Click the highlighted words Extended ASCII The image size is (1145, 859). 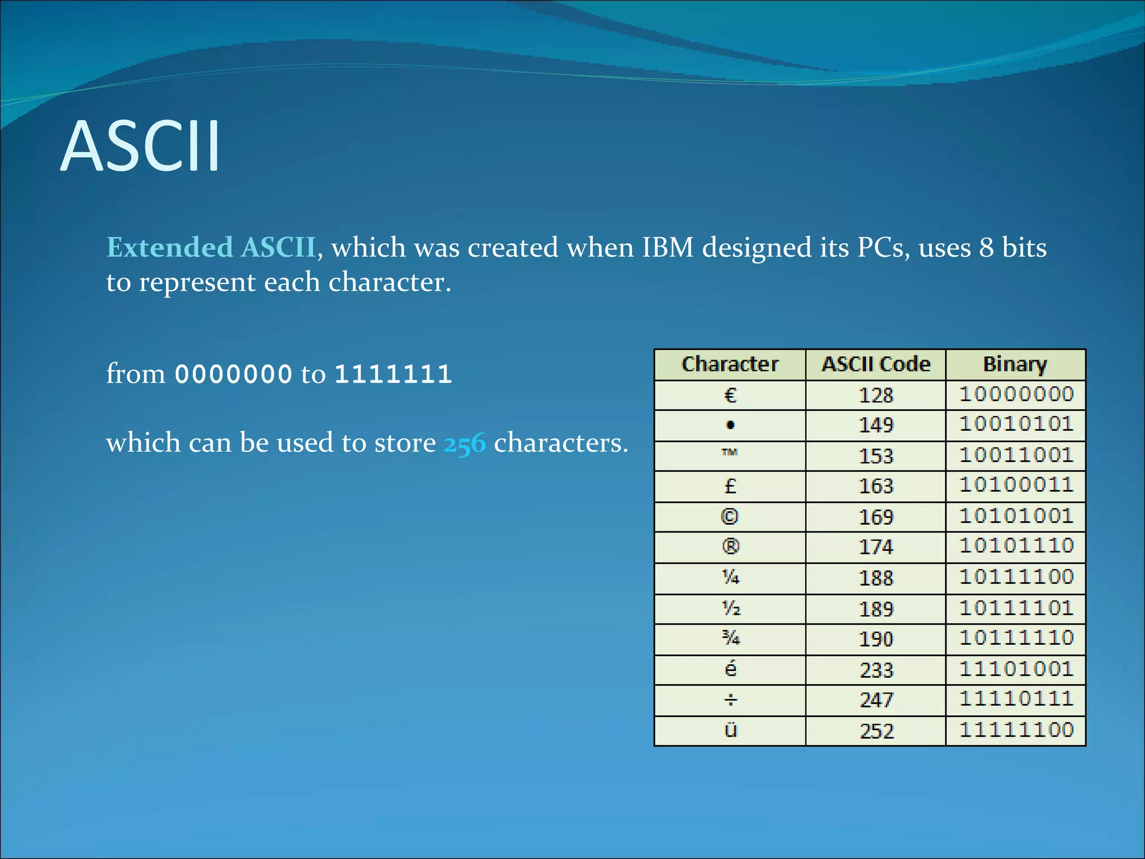(x=211, y=247)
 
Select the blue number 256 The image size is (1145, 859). (x=464, y=443)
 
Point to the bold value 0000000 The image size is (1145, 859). (x=234, y=374)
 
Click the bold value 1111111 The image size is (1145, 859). (x=393, y=374)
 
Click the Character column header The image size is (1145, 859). (x=730, y=364)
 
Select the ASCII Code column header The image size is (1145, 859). (x=876, y=364)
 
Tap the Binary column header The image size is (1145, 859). (x=1015, y=364)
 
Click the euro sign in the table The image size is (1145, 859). (x=730, y=395)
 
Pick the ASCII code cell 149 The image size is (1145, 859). (x=876, y=425)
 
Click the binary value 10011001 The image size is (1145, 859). (x=1016, y=455)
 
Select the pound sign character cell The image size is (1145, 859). (x=730, y=486)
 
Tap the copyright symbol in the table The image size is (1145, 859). (x=730, y=516)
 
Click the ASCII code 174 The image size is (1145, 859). (x=876, y=546)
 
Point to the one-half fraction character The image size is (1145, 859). (x=731, y=608)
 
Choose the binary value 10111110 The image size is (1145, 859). (x=1016, y=638)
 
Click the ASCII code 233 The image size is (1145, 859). (x=876, y=669)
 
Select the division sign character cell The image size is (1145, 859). (x=730, y=700)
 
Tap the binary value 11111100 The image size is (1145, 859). (x=1016, y=730)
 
